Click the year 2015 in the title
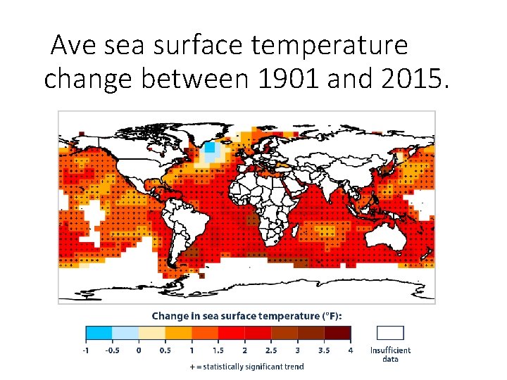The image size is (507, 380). pyautogui.click(x=408, y=80)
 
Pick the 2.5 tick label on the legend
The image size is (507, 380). pyautogui.click(x=271, y=350)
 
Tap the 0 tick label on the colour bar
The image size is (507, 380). pyautogui.click(x=139, y=350)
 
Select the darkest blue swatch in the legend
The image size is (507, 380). pyautogui.click(x=99, y=334)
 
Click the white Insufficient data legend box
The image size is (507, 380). pyautogui.click(x=390, y=333)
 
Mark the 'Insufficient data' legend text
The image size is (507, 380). pyautogui.click(x=390, y=354)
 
